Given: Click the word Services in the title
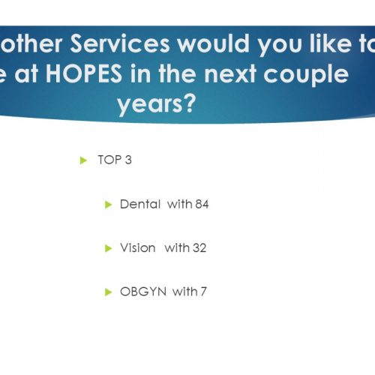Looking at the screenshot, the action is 120,43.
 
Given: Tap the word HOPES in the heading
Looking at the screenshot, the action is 84,73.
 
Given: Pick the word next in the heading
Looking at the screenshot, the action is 230,74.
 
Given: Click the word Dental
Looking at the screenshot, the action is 140,204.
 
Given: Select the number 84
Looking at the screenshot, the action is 202,204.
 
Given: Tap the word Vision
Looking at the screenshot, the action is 138,247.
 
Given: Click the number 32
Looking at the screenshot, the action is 199,247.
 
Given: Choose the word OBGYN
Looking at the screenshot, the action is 143,292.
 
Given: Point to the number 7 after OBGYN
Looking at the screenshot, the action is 203,292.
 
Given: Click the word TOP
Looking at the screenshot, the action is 109,160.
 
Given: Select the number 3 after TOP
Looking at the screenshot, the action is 128,160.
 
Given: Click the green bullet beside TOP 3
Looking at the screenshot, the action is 83,160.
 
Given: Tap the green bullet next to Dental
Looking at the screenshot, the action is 108,205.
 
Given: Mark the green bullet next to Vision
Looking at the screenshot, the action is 108,248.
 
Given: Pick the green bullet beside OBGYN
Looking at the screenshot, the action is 108,292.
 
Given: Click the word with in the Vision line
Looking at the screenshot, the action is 177,247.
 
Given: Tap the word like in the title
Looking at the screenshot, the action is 331,43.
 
